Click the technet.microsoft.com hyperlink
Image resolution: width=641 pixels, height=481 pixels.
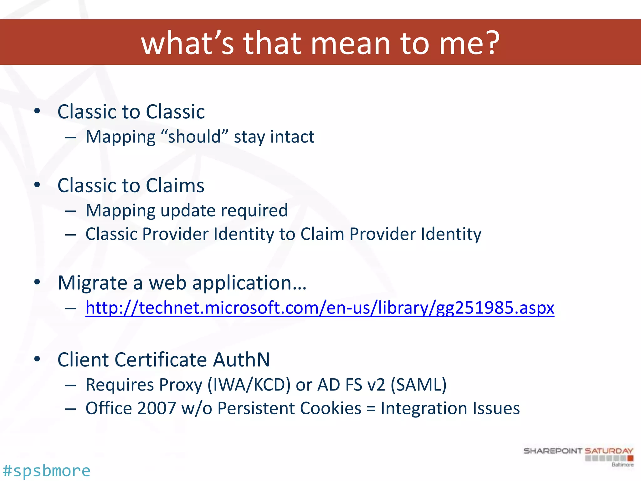[x=320, y=308]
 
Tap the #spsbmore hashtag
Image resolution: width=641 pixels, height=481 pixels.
[x=46, y=471]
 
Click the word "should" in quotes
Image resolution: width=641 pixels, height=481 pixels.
[x=194, y=137]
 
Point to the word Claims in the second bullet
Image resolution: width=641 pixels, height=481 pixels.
[x=175, y=185]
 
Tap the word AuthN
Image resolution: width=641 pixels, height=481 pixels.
[x=241, y=359]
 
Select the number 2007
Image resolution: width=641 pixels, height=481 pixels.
[x=156, y=408]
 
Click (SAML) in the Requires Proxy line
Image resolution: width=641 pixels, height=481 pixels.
[x=419, y=385]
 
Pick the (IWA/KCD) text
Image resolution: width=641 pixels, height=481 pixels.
[x=249, y=385]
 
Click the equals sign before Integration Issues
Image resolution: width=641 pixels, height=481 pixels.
[x=371, y=409]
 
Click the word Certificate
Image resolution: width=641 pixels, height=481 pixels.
[x=161, y=359]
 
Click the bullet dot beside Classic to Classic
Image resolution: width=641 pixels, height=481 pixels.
[x=37, y=111]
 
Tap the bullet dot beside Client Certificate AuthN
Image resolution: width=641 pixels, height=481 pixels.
[x=37, y=359]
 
